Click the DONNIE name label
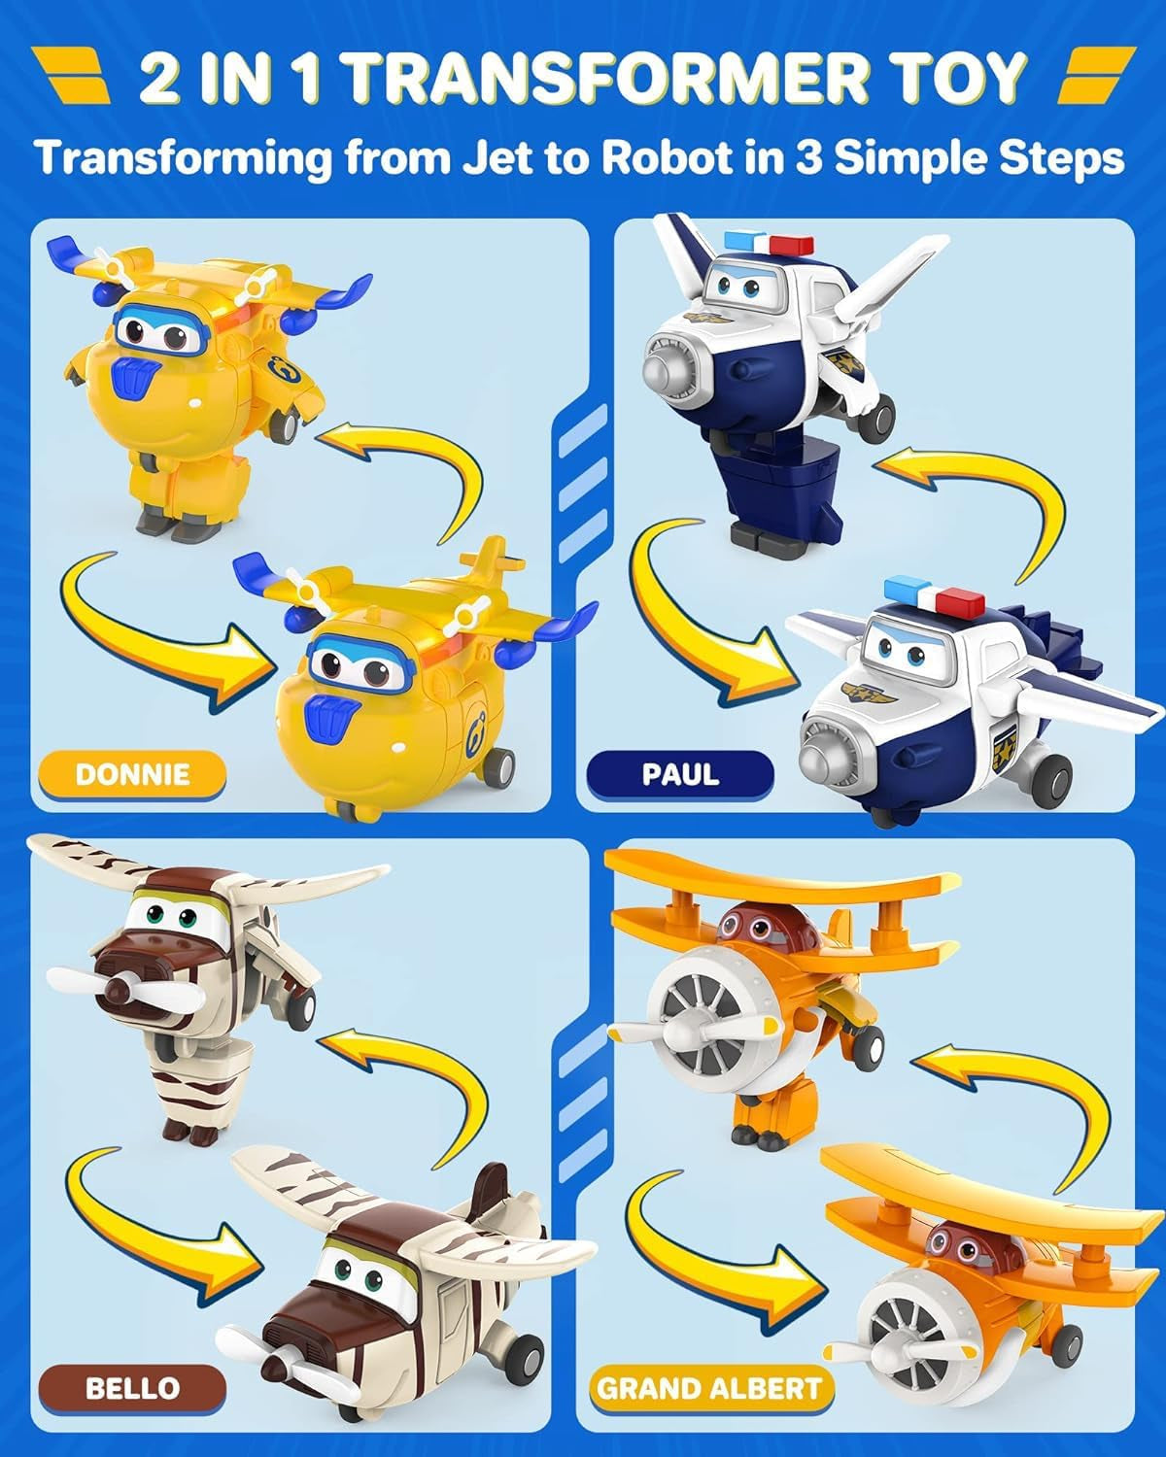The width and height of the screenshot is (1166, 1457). point(132,774)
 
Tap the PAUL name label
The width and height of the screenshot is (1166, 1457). point(680,774)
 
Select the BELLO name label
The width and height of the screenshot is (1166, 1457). point(132,1387)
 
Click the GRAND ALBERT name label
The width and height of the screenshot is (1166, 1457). point(710,1387)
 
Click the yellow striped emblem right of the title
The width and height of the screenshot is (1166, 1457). point(1096,76)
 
